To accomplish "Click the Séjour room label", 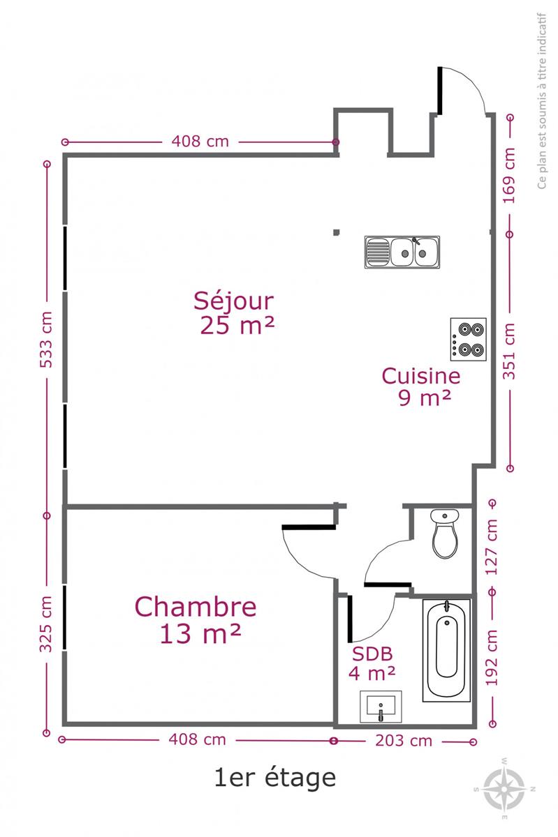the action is pos(234,313).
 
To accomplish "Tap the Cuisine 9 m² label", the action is pos(421,386).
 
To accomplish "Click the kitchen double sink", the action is pos(402,252).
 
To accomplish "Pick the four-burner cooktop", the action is pos(468,339).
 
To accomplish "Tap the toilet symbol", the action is pos(445,534).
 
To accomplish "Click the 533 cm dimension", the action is pos(46,339).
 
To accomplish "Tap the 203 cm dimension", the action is pos(404,741).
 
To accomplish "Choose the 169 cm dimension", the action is pos(509,176).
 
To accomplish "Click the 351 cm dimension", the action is pos(509,352).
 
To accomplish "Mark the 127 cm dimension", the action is pos(492,547).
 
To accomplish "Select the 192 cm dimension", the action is pos(492,658).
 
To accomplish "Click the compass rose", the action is pos(504,789).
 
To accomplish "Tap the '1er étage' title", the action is pos(275,778).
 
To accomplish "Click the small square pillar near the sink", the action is pos(337,232).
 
